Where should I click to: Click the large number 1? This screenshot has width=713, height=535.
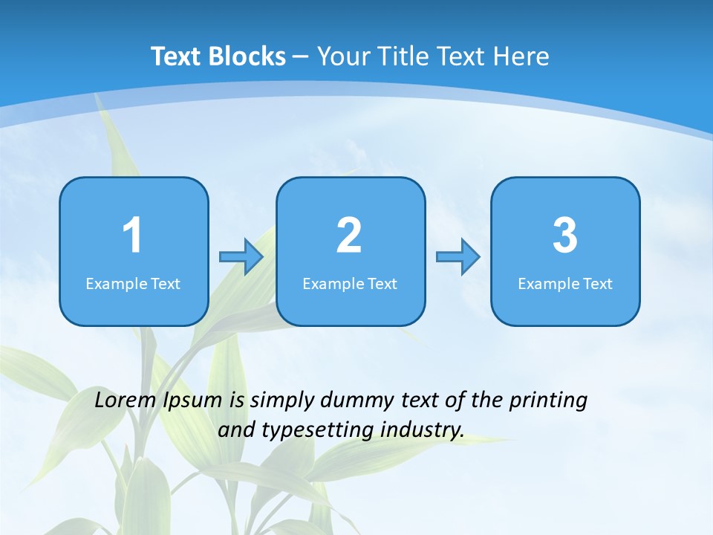pos(132,236)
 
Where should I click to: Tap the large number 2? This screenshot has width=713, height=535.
pos(349,236)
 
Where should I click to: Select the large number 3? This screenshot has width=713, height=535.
pos(565,236)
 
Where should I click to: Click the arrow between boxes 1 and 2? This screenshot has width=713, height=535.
pos(241,257)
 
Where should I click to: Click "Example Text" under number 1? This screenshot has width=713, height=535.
pos(133,284)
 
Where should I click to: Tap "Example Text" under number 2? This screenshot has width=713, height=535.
pos(350,284)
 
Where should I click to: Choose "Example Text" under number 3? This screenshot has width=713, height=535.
pos(565,284)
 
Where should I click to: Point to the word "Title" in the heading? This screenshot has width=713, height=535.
pos(406,56)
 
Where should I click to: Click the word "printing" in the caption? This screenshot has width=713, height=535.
pos(548,401)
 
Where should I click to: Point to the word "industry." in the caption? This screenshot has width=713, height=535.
pos(422,430)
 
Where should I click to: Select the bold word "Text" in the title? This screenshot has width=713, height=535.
pos(177,56)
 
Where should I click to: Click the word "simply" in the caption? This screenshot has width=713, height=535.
pos(281,401)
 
